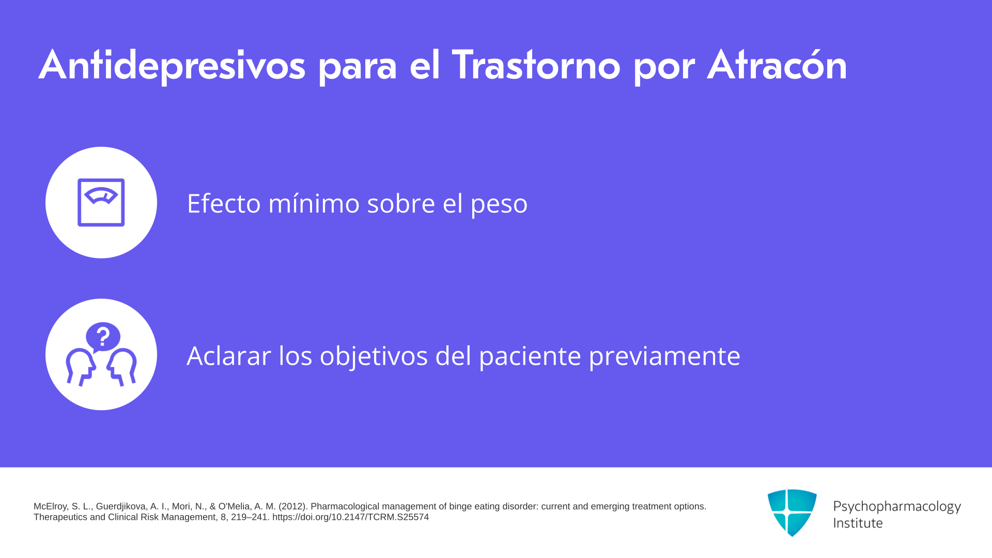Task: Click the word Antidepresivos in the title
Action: click(172, 66)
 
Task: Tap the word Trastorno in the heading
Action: click(536, 65)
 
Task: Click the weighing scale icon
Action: click(101, 203)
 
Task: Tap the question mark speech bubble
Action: click(103, 337)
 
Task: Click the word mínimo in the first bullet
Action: click(314, 203)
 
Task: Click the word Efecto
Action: click(224, 203)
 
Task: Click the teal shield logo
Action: click(792, 513)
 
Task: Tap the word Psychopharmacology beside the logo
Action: click(897, 507)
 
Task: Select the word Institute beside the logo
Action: click(858, 523)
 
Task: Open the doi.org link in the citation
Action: click(350, 517)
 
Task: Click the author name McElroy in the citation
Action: click(50, 506)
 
